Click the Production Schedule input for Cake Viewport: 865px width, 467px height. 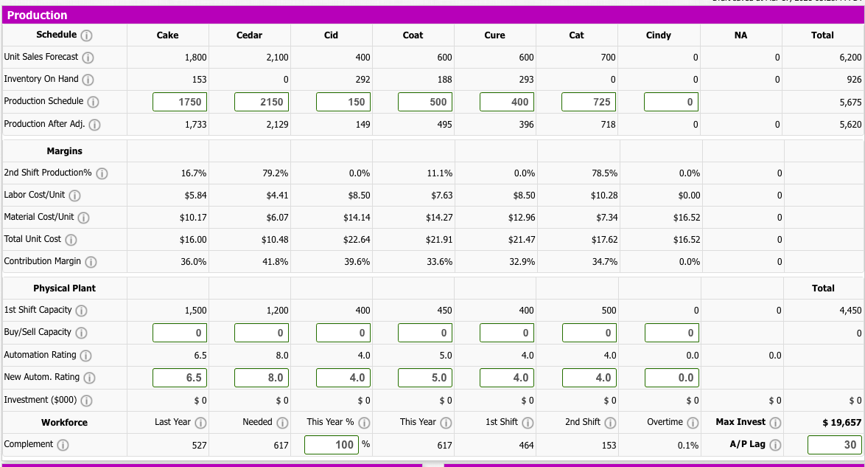point(180,102)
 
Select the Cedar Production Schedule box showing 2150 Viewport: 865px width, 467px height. point(262,102)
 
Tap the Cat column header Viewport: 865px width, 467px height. point(576,35)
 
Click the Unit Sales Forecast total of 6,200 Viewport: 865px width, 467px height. point(850,58)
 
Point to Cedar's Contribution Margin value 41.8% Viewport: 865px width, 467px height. point(276,262)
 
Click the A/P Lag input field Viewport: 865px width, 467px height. point(834,445)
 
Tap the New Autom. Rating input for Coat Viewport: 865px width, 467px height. point(425,378)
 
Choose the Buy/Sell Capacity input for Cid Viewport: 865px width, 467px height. point(343,333)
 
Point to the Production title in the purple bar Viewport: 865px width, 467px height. point(37,15)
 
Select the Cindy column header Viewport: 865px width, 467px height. point(658,35)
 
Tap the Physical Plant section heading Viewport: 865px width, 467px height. point(64,288)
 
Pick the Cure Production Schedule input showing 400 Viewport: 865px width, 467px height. point(507,102)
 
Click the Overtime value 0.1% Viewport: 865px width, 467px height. point(687,446)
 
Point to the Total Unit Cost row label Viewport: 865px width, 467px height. point(32,239)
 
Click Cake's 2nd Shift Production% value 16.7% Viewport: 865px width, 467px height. point(194,173)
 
